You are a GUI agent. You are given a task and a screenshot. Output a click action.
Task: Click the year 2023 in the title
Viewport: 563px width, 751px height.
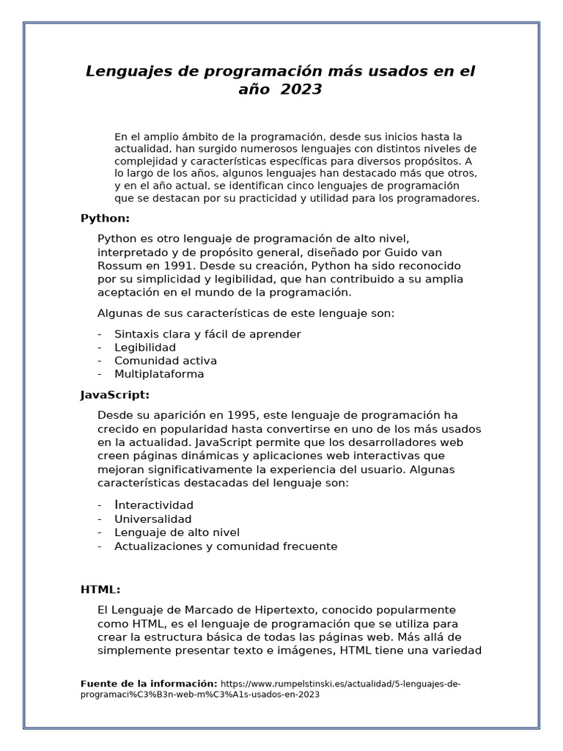(301, 89)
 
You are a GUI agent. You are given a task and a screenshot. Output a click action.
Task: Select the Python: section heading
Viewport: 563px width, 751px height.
(105, 218)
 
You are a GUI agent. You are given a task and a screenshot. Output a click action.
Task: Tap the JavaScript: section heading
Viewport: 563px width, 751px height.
(114, 395)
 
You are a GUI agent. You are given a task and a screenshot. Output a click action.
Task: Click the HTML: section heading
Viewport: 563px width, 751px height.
(100, 590)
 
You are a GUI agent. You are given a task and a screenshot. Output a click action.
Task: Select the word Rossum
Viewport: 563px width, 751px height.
(120, 265)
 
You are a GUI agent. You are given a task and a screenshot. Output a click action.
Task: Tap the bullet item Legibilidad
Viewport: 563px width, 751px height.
(145, 347)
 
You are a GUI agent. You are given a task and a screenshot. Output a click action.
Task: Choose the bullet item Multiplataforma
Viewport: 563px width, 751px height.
(159, 374)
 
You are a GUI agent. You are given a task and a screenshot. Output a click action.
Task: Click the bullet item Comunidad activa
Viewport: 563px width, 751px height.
(166, 361)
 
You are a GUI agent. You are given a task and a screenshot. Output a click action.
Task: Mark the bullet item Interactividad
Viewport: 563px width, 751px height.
(154, 505)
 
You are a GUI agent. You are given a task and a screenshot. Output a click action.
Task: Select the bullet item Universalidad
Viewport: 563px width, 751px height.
(152, 519)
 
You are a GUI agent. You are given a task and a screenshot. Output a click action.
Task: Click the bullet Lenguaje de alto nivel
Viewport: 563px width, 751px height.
(177, 532)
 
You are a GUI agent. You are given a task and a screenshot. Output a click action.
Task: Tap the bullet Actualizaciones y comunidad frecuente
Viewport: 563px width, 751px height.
(226, 546)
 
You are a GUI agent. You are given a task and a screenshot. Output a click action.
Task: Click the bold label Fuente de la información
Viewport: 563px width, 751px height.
(149, 684)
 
